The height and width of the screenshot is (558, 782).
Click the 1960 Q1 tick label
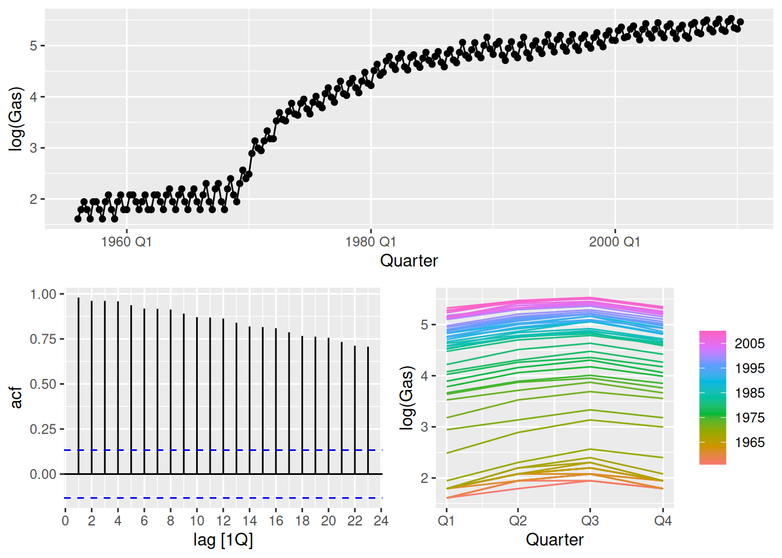click(126, 242)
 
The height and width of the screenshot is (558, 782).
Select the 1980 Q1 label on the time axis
click(370, 242)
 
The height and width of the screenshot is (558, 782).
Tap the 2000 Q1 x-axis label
click(614, 242)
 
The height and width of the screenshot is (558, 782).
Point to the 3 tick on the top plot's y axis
click(33, 148)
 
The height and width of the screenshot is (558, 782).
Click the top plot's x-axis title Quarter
click(408, 260)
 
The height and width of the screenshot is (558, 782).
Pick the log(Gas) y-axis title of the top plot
click(16, 119)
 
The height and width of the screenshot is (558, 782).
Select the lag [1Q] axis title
click(223, 540)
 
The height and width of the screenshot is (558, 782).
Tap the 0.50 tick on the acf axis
click(43, 384)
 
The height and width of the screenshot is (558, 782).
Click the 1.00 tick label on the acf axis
click(43, 294)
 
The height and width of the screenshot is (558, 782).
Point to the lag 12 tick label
click(223, 521)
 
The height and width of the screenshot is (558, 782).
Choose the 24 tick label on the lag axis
click(381, 521)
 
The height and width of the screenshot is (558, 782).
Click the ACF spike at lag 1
click(79, 384)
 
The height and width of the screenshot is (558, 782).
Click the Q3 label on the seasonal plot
click(590, 521)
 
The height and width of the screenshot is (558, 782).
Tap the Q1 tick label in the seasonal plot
click(446, 521)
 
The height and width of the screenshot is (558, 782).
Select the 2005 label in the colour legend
click(749, 344)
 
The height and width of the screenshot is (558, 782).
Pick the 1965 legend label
click(749, 442)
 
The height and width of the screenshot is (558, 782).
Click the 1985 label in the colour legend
click(749, 393)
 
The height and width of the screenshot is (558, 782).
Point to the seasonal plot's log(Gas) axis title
click(407, 398)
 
